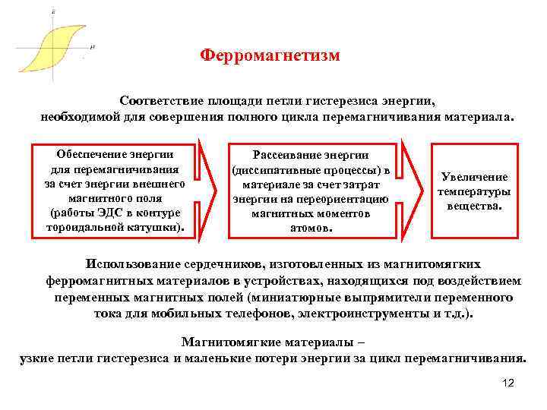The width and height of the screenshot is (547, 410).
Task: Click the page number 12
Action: point(508,383)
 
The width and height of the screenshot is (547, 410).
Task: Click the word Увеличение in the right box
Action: point(473,177)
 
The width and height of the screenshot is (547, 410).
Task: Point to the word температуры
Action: point(473,191)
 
